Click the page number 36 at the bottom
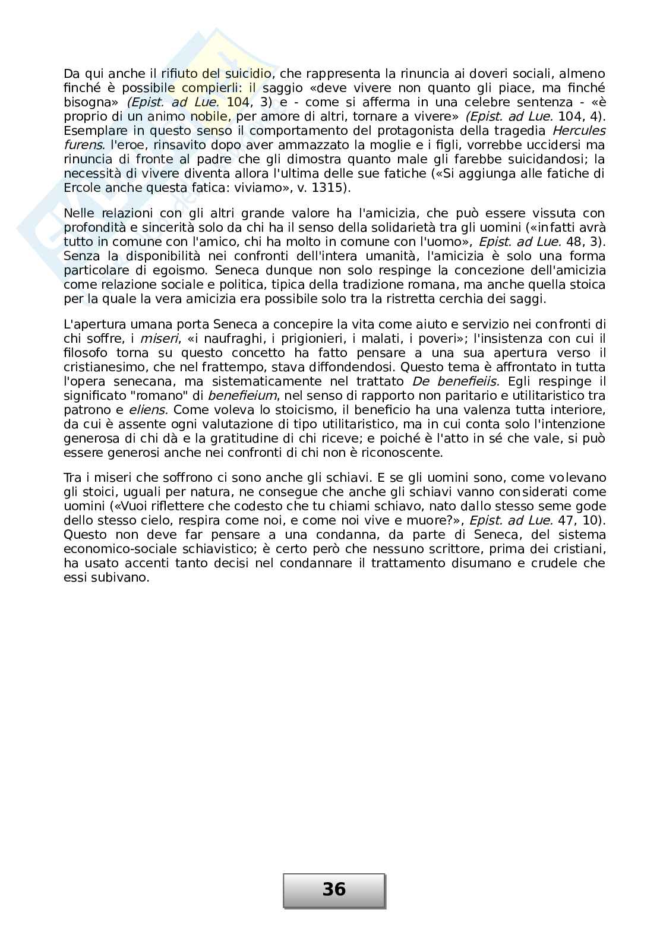(x=334, y=889)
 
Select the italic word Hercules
(x=579, y=131)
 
